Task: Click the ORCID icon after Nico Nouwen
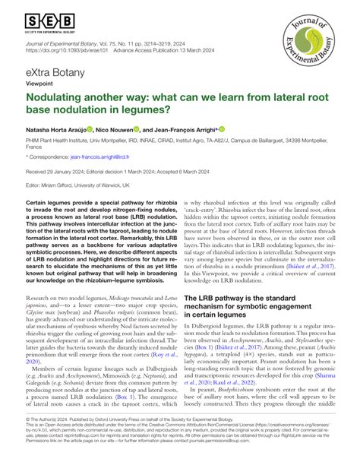tap(139, 131)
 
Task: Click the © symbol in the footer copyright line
tap(27, 439)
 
